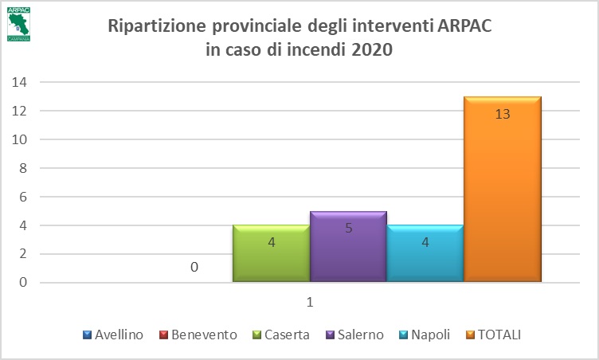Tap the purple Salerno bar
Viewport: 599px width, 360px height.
coord(348,247)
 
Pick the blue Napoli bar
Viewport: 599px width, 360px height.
coord(425,254)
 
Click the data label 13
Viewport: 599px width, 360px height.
coord(503,114)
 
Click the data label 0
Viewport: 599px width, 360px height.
coord(194,268)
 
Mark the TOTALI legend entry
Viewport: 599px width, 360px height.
coord(499,335)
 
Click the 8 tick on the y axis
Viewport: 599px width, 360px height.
coord(23,168)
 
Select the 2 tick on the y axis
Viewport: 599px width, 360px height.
coord(23,254)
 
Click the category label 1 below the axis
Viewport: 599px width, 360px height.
coord(310,303)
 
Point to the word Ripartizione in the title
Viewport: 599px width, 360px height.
coord(151,25)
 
